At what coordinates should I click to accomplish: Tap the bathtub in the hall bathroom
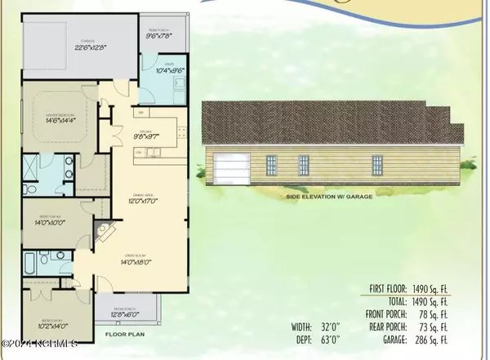[33, 263]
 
